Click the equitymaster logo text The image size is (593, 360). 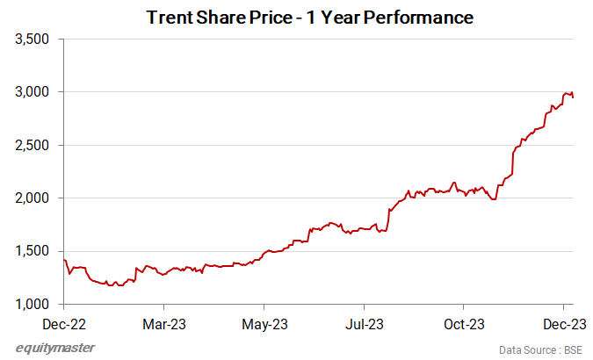[56, 348]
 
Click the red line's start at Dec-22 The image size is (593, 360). [65, 260]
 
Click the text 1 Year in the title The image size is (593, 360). [337, 17]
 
